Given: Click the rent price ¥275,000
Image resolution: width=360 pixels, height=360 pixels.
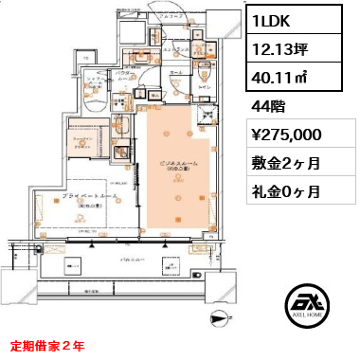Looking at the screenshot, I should point(292,135).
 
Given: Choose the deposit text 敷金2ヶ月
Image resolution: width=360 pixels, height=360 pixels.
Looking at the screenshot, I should point(285,163).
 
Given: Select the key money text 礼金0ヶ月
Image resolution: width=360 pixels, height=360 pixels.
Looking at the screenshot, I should point(285,191).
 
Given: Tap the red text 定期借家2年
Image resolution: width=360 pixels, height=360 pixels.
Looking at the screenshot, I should point(47,346).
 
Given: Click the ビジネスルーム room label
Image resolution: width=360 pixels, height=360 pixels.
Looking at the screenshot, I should point(174,164).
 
